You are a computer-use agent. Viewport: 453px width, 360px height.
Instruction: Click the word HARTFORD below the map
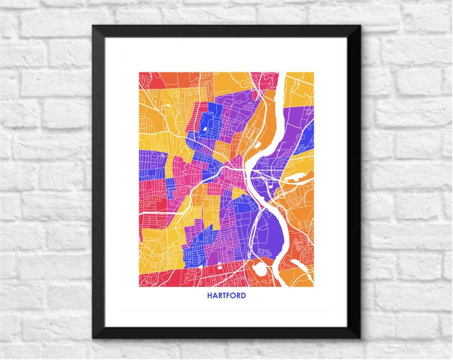[226, 296]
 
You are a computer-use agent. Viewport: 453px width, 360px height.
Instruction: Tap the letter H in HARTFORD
[209, 296]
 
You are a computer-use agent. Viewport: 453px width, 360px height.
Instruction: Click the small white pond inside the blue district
[204, 128]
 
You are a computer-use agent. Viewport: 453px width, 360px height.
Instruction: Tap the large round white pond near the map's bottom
[259, 268]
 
